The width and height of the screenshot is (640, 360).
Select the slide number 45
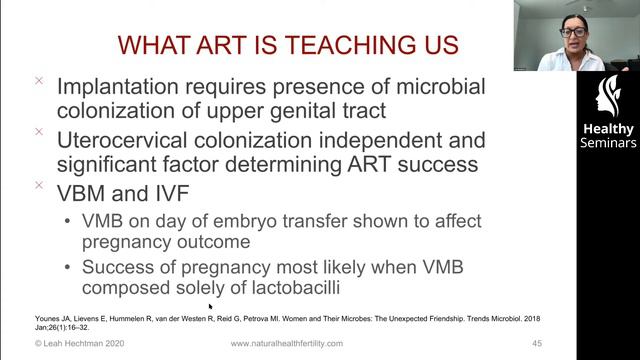565,343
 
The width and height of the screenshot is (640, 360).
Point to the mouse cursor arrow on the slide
211,307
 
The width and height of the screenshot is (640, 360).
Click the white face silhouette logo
607,97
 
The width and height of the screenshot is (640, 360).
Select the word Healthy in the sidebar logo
607,129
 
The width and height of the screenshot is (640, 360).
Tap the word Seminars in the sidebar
607,143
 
